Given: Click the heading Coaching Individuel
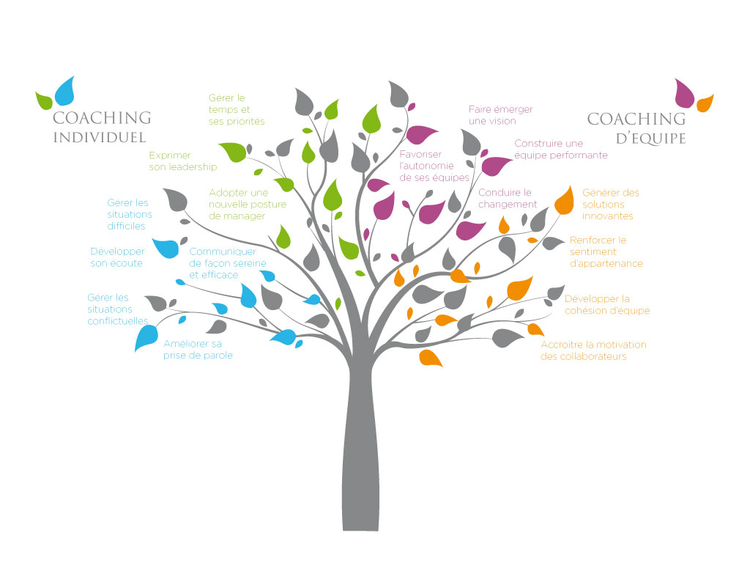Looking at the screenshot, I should [x=102, y=127].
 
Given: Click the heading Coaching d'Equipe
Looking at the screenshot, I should [x=636, y=128].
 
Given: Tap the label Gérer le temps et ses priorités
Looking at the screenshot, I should [x=236, y=109].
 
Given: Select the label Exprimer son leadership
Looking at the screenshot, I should [x=182, y=161].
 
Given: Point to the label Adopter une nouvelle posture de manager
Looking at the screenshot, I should [x=247, y=205].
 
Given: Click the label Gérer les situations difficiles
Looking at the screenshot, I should [x=130, y=214].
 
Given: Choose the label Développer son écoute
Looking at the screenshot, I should [x=116, y=257].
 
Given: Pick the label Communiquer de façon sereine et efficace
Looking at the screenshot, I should [x=227, y=263].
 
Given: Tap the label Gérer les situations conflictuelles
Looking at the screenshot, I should [x=117, y=309].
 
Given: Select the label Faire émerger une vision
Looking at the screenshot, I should [x=501, y=115].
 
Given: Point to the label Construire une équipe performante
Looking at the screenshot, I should [x=560, y=150].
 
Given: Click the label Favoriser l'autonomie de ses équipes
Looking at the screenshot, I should [x=434, y=166].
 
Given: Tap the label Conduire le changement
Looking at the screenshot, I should [x=508, y=199].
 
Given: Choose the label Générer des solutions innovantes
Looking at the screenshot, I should [x=611, y=205].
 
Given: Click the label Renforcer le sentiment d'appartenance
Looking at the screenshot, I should [x=606, y=251].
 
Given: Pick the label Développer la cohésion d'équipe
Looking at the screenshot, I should [x=607, y=304].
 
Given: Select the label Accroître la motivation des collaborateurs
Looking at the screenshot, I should [x=593, y=350].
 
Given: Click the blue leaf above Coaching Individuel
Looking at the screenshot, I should [x=64, y=91].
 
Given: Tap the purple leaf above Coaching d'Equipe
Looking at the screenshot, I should [x=684, y=92].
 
